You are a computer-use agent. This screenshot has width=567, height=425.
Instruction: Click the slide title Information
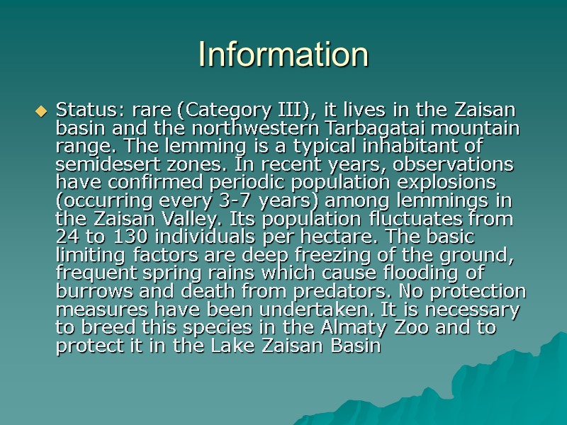click(x=283, y=55)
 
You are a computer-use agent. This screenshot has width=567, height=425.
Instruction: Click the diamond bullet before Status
click(x=40, y=111)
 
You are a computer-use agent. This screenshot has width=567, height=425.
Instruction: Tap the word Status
click(x=80, y=110)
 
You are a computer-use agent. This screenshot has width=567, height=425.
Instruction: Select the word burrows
click(x=86, y=292)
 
